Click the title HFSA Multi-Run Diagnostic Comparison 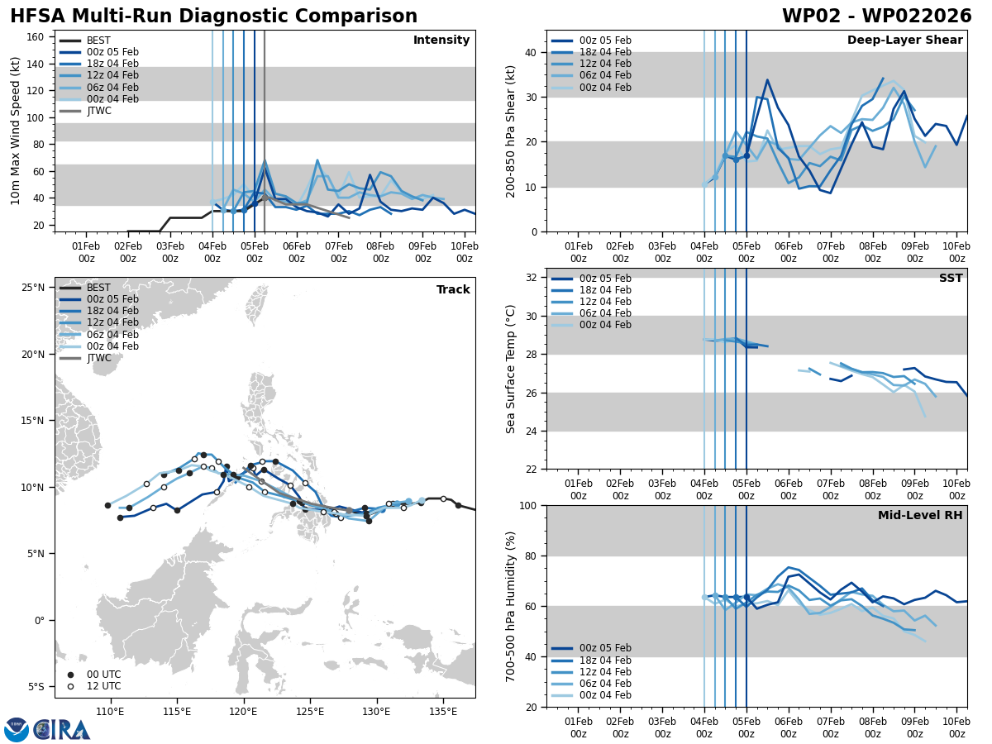click(214, 17)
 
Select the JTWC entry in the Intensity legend click(99, 111)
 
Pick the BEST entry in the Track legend click(98, 288)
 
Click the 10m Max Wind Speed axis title click(16, 131)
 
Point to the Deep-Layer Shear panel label click(904, 41)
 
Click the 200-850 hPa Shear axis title click(510, 131)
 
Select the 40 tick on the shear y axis click(529, 52)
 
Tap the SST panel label click(951, 279)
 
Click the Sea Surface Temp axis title click(511, 369)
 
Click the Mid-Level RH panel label click(920, 516)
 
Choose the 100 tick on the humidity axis click(526, 505)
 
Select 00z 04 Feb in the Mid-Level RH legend click(606, 695)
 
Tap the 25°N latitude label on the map click(33, 288)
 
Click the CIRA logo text click(62, 730)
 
